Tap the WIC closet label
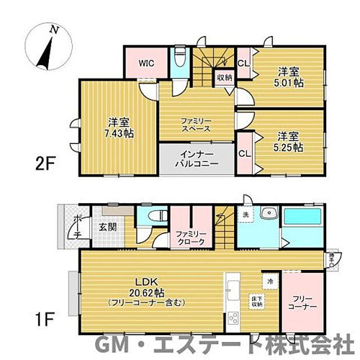point(146,64)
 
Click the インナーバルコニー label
point(196,159)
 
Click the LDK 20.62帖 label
point(146,294)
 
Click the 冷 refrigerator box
point(270,281)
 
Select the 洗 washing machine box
point(244,214)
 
